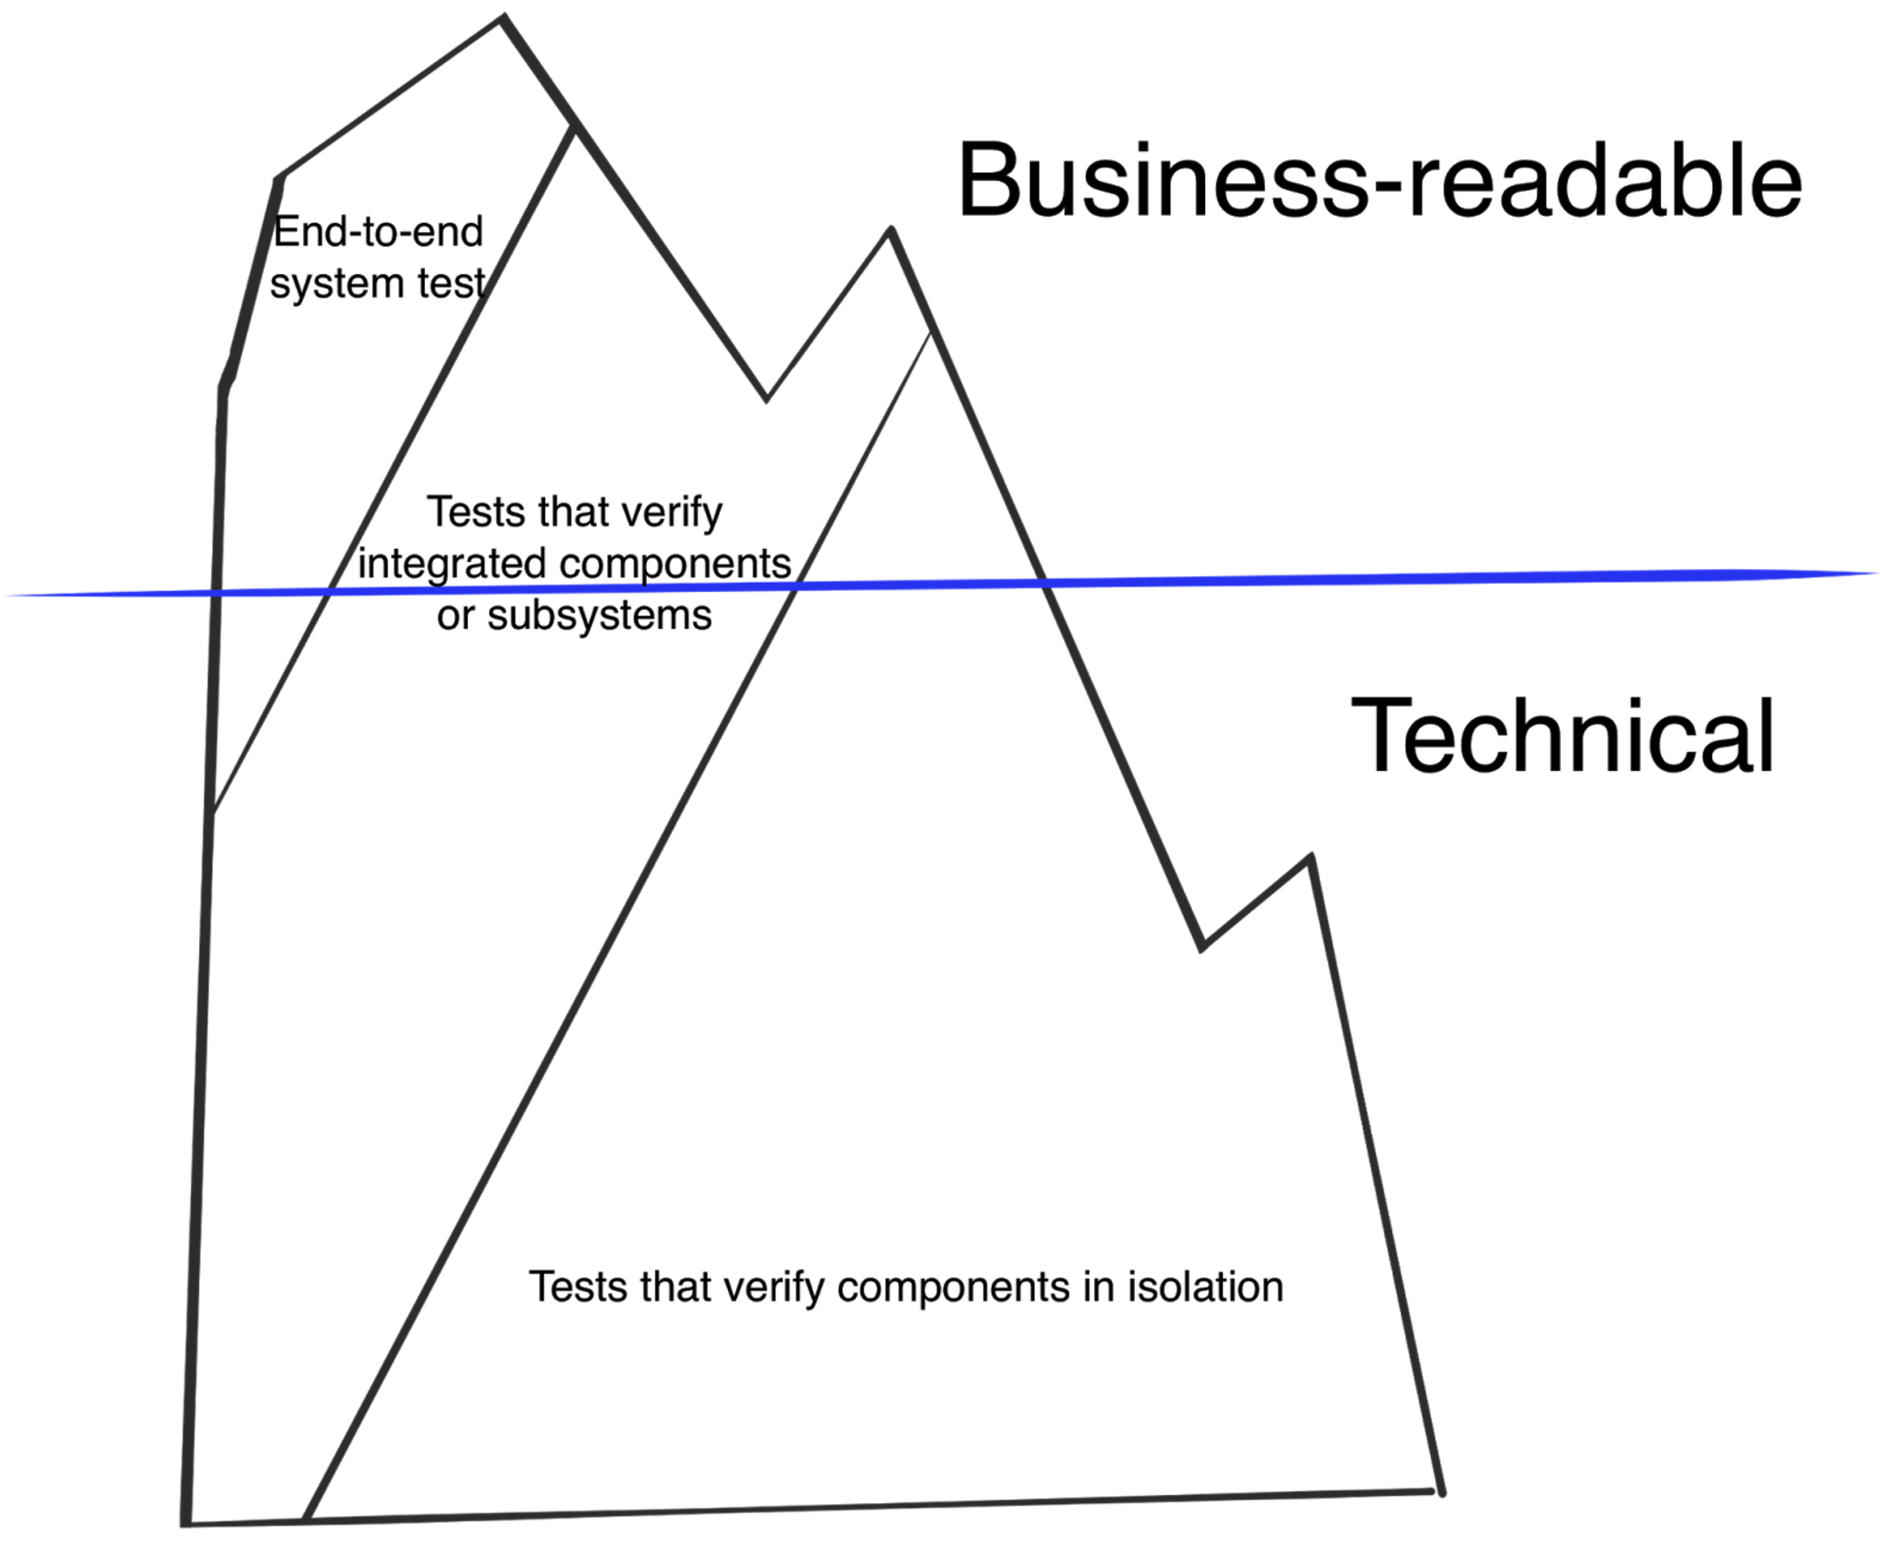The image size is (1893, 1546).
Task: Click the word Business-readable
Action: pos(1379,180)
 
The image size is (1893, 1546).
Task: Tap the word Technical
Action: pos(1562,736)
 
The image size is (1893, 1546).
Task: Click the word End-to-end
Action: pos(378,232)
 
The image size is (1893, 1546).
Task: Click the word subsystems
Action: pos(599,616)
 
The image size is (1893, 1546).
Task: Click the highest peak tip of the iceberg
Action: pos(503,17)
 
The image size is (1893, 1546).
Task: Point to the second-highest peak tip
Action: pos(891,229)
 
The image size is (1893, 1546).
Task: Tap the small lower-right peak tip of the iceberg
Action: pos(1311,857)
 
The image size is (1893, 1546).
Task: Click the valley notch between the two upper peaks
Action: pos(766,399)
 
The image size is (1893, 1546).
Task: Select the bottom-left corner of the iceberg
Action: pos(186,1523)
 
